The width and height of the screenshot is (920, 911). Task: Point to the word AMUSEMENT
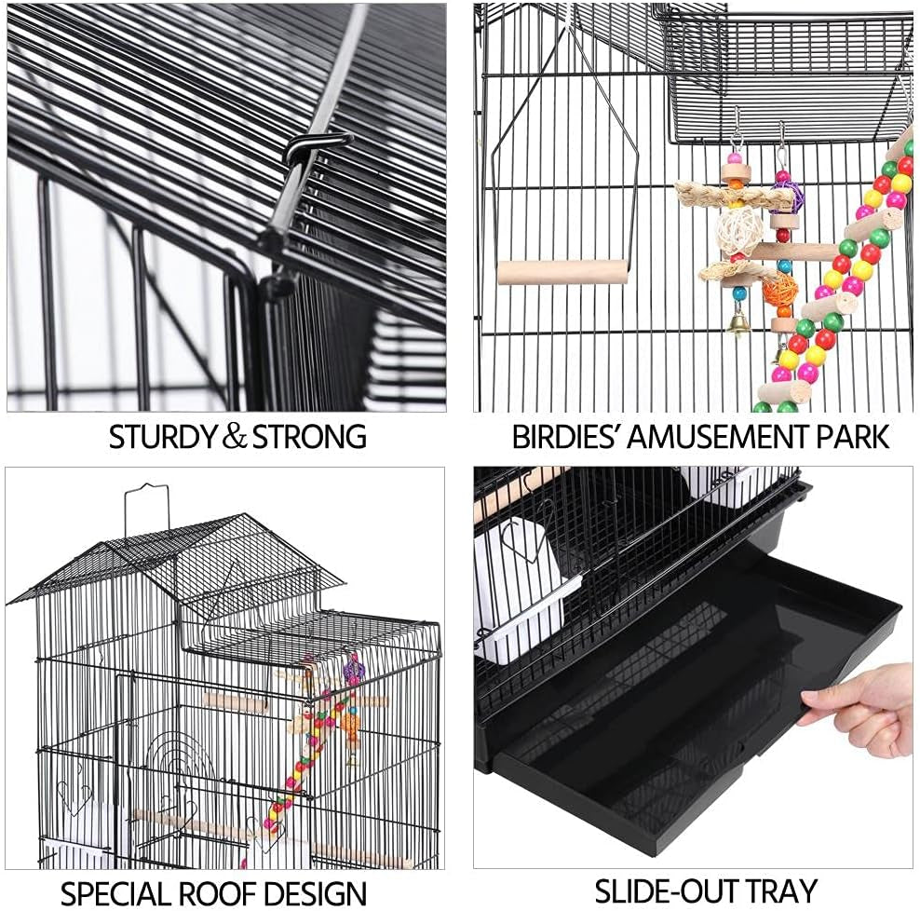pyautogui.click(x=725, y=437)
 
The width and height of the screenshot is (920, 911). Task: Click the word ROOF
pyautogui.click(x=229, y=892)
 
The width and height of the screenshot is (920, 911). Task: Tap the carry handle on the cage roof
pyautogui.click(x=148, y=508)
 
